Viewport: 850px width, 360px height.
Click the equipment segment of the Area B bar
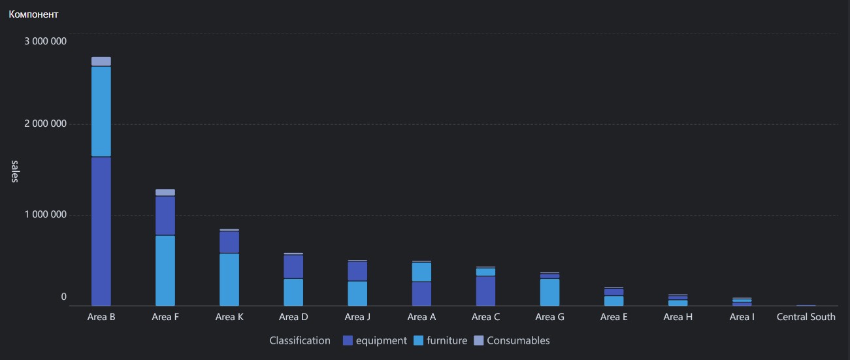pos(101,231)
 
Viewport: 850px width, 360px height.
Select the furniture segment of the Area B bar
pos(101,112)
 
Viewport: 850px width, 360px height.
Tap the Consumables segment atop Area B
pos(101,61)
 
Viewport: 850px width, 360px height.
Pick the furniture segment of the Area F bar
pos(165,271)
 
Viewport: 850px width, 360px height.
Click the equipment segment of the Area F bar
pos(165,216)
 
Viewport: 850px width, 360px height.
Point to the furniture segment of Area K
pos(229,280)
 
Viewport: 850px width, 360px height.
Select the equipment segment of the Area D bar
pos(293,267)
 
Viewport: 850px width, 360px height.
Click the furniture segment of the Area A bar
pos(421,272)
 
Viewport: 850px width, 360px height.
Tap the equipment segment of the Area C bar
pos(485,291)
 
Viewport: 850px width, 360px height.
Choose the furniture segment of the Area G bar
pos(550,293)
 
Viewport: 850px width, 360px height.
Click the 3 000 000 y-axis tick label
pos(46,41)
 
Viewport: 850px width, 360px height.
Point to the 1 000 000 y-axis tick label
pos(46,214)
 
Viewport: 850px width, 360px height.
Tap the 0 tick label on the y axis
pos(64,297)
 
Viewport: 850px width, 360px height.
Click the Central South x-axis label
pos(806,317)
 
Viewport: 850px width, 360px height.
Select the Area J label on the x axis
pos(357,317)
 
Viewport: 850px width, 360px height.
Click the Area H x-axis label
pos(678,317)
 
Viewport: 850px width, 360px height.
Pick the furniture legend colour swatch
pos(418,340)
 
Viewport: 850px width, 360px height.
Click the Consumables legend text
pos(518,340)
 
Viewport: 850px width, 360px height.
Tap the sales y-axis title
pos(14,171)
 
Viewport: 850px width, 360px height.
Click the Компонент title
pos(33,14)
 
